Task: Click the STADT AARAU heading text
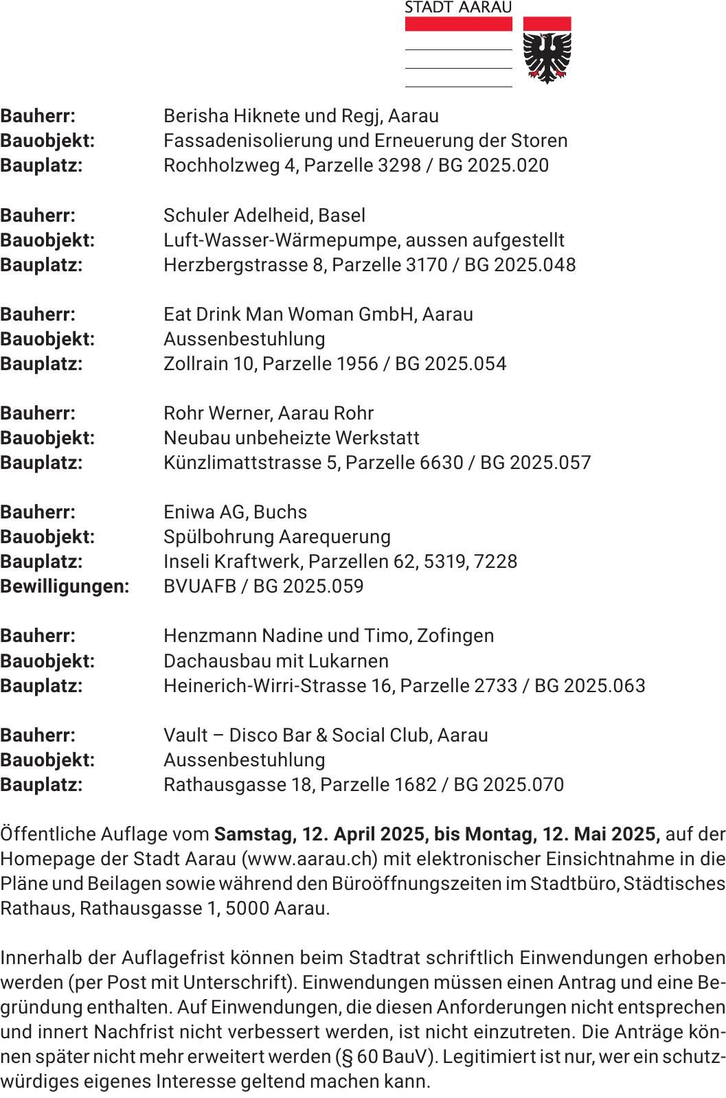tap(458, 8)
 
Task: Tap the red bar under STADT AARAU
tap(458, 24)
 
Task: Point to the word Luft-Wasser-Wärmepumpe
tap(280, 240)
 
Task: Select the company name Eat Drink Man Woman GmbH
tap(289, 314)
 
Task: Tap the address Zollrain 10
tap(208, 364)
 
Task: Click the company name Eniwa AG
tap(205, 512)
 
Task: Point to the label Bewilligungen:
tap(65, 586)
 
